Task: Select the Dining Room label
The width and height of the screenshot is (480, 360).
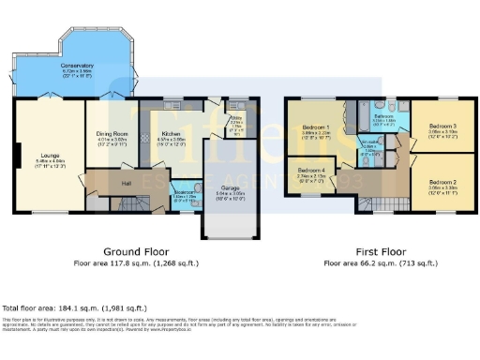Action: tap(112, 135)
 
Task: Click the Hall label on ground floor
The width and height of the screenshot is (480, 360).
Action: tap(127, 184)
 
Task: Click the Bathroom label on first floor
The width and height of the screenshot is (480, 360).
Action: tap(386, 116)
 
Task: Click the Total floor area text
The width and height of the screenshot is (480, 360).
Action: tap(74, 307)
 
